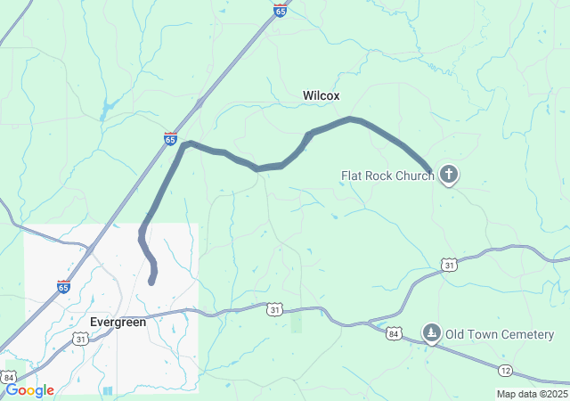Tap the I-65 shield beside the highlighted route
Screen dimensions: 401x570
170,138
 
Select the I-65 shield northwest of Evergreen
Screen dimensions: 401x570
63,287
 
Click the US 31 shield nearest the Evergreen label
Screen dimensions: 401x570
81,339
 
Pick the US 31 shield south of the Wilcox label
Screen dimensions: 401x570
274,309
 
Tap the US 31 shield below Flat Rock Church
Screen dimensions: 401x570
449,265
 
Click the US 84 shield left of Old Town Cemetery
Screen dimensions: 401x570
395,333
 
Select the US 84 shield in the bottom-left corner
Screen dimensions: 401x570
8,377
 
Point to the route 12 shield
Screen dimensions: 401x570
505,370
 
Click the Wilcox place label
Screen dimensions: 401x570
321,95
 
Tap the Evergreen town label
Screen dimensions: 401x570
118,322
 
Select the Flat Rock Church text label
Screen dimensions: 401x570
387,176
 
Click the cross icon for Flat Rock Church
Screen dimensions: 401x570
450,175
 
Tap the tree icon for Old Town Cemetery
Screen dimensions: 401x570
432,333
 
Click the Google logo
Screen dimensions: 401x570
28,390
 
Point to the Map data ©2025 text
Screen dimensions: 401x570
531,394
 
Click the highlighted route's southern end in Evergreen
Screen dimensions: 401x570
151,282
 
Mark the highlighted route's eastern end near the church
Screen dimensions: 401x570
431,171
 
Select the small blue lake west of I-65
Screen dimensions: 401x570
108,110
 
